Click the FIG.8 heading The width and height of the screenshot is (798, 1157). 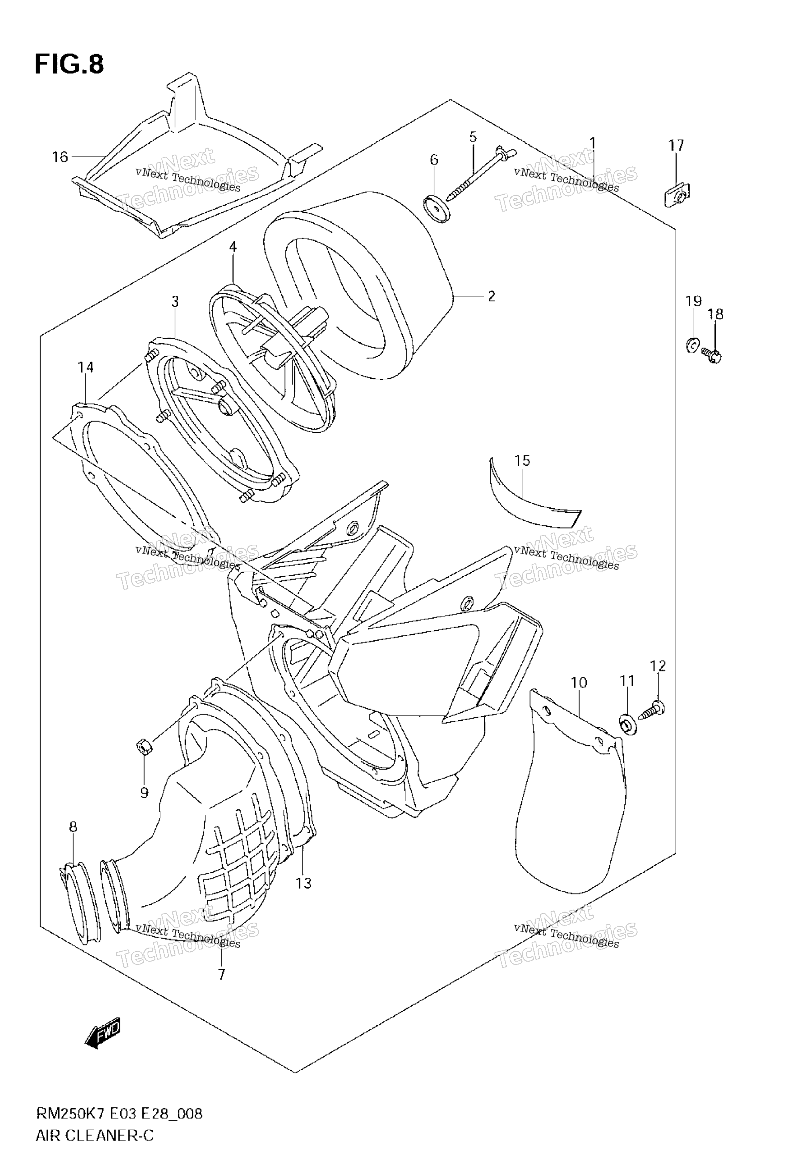pos(69,65)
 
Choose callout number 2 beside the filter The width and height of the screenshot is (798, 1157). pos(492,296)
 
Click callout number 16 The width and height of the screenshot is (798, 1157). pos(60,157)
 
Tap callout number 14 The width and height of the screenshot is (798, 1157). pos(85,367)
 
